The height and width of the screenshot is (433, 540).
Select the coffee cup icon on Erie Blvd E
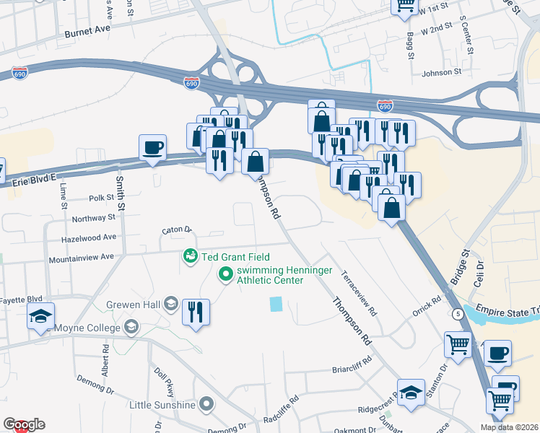coord(152,148)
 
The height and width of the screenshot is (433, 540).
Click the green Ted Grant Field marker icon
coord(190,256)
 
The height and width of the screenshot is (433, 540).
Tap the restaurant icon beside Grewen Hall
coord(196,312)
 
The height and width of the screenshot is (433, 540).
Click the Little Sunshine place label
coord(162,404)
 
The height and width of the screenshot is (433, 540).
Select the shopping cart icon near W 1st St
coord(405,6)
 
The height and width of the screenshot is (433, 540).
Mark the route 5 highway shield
coord(458,314)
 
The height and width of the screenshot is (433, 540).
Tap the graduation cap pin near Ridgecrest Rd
coord(411,393)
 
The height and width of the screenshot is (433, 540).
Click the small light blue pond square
coord(276,305)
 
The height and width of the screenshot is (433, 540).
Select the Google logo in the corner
coord(23,424)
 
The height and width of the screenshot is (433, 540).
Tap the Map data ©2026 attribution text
coord(508,427)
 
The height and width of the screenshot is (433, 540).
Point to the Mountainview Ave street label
coord(82,257)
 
